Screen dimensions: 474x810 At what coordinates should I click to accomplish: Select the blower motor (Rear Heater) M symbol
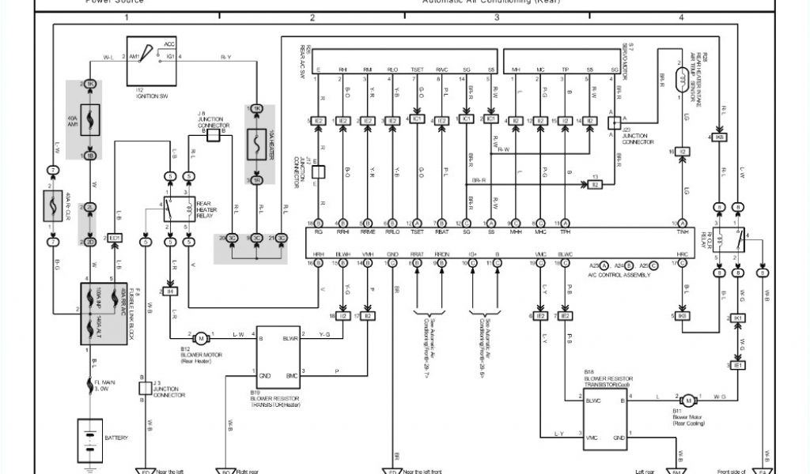(x=201, y=338)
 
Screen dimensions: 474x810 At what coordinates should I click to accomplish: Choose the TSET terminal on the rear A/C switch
(x=416, y=70)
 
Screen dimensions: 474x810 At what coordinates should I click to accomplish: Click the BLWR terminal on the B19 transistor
(x=290, y=338)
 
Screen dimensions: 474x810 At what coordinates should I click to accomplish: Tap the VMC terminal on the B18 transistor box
(x=593, y=435)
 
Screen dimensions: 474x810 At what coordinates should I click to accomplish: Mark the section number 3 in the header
(x=497, y=17)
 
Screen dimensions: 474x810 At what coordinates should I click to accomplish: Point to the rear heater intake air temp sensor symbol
(x=679, y=79)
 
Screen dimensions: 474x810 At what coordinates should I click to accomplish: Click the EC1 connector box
(x=115, y=237)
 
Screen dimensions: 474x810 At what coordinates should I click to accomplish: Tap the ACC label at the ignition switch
(x=168, y=46)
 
